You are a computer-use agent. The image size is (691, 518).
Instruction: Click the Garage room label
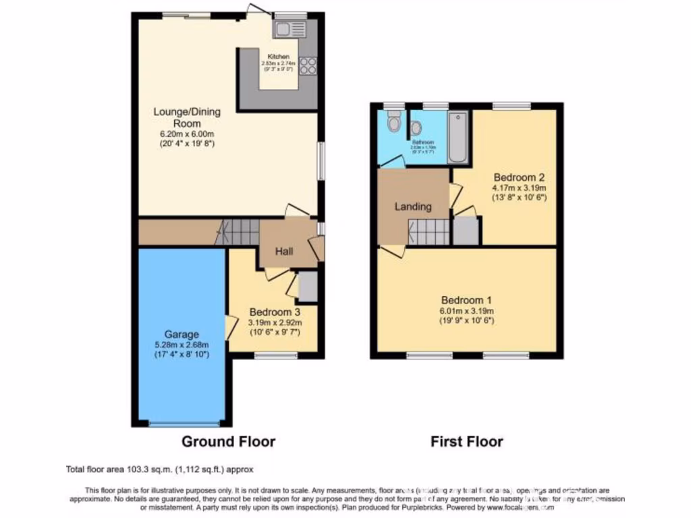pos(180,334)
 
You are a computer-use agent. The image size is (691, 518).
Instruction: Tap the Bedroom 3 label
pos(274,312)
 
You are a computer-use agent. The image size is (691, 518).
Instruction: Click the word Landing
pos(413,207)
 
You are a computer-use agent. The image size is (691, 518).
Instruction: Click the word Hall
pos(283,252)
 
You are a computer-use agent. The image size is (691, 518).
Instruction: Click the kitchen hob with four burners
pos(308,65)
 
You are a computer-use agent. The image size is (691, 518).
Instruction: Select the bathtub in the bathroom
pos(458,138)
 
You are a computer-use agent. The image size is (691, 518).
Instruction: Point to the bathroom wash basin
pos(416,127)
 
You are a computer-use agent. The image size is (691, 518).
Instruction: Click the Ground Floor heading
pos(228,442)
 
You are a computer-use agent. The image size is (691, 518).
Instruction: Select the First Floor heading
pos(467,442)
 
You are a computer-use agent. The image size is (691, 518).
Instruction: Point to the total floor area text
pos(159,469)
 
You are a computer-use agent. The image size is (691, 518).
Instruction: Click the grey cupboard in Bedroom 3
pos(307,287)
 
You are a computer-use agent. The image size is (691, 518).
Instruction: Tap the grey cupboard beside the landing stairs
pos(465,231)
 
